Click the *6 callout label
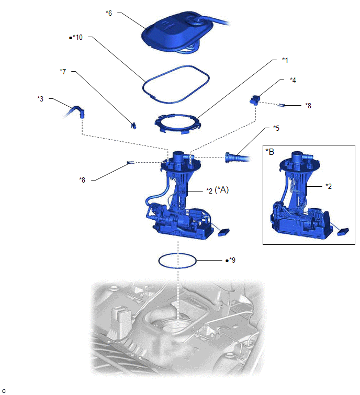pos(109,13)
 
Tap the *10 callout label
pos(77,37)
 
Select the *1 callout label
pos(285,60)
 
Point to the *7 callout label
pos(63,71)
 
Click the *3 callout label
pos(40,98)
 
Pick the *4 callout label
pos(293,80)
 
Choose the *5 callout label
pos(276,128)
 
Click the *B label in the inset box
pos(270,152)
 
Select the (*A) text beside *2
pos(222,189)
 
